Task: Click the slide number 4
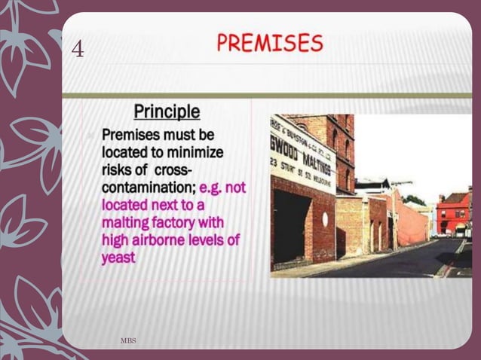[78, 50]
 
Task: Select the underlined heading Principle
[167, 112]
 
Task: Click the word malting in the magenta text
[121, 223]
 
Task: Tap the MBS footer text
[128, 342]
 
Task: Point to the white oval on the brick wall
[325, 219]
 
